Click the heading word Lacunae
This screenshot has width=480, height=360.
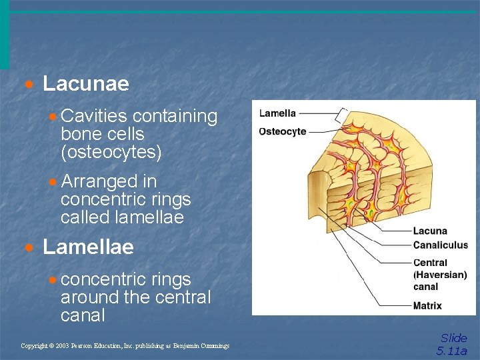coord(85,84)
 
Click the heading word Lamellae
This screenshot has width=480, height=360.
coord(88,247)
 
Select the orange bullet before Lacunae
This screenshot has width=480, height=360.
coord(29,85)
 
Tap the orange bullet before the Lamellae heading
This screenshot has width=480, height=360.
coord(29,249)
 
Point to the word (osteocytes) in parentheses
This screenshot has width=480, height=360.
coord(111,153)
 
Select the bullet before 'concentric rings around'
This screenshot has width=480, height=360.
coord(53,280)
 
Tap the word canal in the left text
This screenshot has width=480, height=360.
coord(83,315)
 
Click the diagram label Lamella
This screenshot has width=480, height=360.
coord(277,113)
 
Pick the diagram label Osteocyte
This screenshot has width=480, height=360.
coord(283,131)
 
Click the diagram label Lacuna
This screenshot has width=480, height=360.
coord(430,231)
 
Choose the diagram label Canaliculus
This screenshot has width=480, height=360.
coord(441,245)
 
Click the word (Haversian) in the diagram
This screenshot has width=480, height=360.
coord(440,275)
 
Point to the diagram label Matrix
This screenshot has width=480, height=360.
coord(427,306)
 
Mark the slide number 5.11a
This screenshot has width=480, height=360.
coord(452,351)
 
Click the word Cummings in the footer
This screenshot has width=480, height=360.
coord(213,346)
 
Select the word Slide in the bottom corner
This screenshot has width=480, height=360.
coord(454,338)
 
